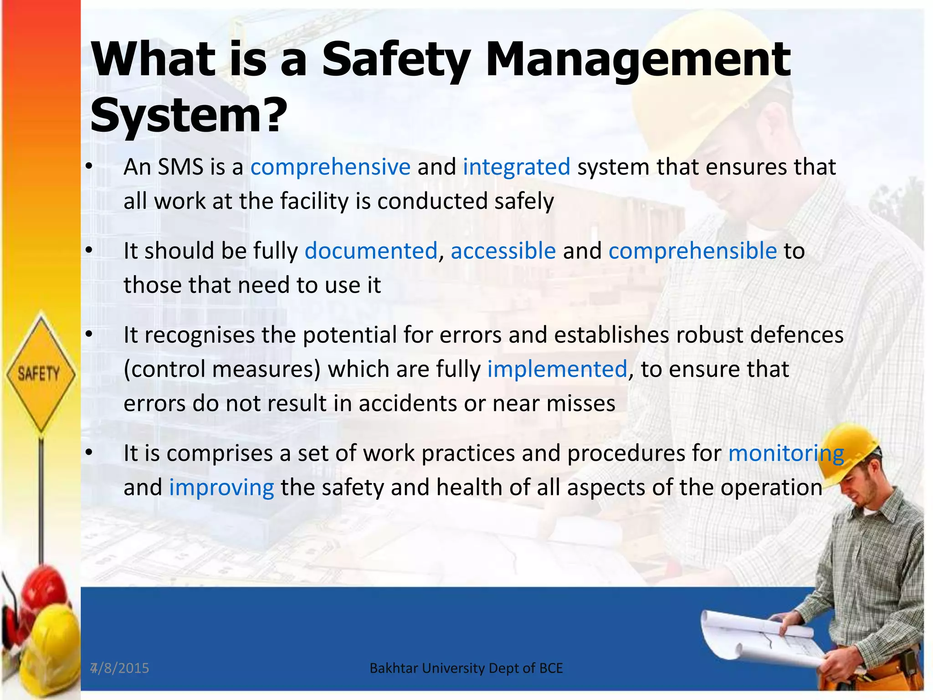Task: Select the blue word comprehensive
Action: click(330, 167)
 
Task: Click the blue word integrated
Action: click(516, 167)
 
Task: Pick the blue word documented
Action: click(371, 251)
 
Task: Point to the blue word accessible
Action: click(503, 251)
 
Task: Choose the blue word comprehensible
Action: click(692, 251)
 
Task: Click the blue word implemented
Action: click(557, 369)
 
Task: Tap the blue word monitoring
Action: click(786, 453)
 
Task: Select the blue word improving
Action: click(221, 488)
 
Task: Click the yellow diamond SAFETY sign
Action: click(40, 374)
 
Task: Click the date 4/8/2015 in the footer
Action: click(120, 668)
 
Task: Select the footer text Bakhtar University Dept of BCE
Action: click(466, 668)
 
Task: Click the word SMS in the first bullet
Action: click(180, 167)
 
